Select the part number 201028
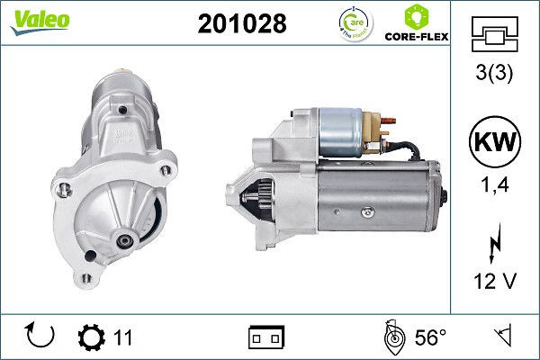241,24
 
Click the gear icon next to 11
93,337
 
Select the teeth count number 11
123,337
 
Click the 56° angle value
429,337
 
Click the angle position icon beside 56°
392,337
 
